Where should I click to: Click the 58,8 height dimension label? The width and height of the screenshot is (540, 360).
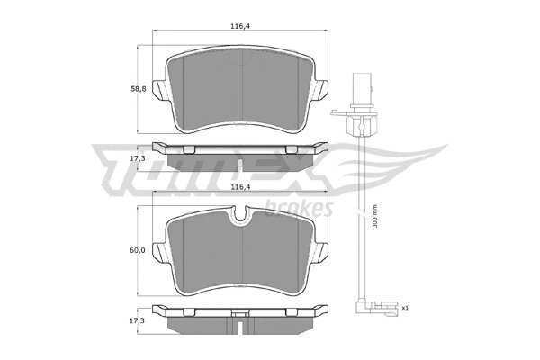pyautogui.click(x=137, y=89)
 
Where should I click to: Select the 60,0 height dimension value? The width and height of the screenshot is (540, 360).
pyautogui.click(x=137, y=249)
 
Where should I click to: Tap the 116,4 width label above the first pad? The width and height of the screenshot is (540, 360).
pyautogui.click(x=238, y=27)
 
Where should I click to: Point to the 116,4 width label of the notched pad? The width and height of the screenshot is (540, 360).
pyautogui.click(x=238, y=187)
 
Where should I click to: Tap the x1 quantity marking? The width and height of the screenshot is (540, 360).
pyautogui.click(x=406, y=308)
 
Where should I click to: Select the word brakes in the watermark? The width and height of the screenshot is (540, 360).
pyautogui.click(x=302, y=208)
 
